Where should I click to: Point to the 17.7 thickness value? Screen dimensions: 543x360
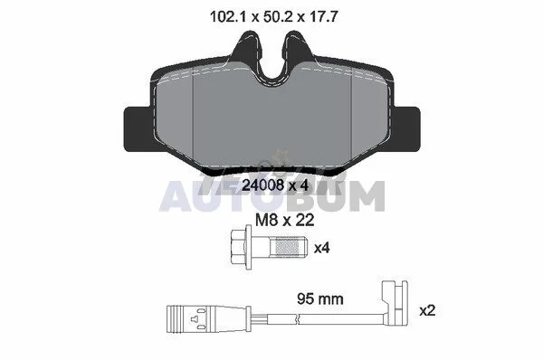click(323, 16)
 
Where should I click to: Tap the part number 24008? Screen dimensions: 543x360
click(262, 185)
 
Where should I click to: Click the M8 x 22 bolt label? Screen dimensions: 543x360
click(285, 220)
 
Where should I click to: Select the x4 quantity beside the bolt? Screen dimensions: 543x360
click(321, 248)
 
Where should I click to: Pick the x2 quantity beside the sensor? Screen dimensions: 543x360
click(427, 310)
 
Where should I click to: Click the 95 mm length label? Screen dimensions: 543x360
click(320, 298)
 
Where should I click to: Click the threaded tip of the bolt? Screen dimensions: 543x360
click(288, 247)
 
